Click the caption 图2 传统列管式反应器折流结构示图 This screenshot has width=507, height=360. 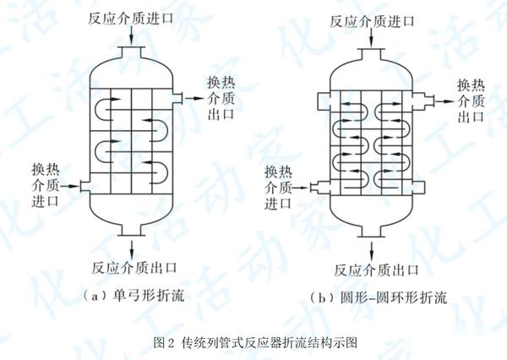pyautogui.click(x=253, y=342)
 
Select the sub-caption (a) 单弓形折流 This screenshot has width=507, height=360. pyautogui.click(x=135, y=296)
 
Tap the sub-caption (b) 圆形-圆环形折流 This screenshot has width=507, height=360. pyautogui.click(x=373, y=297)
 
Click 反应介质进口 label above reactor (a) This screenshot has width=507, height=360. pyautogui.click(x=134, y=18)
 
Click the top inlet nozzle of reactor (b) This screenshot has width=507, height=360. pyautogui.click(x=371, y=53)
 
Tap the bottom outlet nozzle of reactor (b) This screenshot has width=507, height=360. pyautogui.click(x=371, y=232)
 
